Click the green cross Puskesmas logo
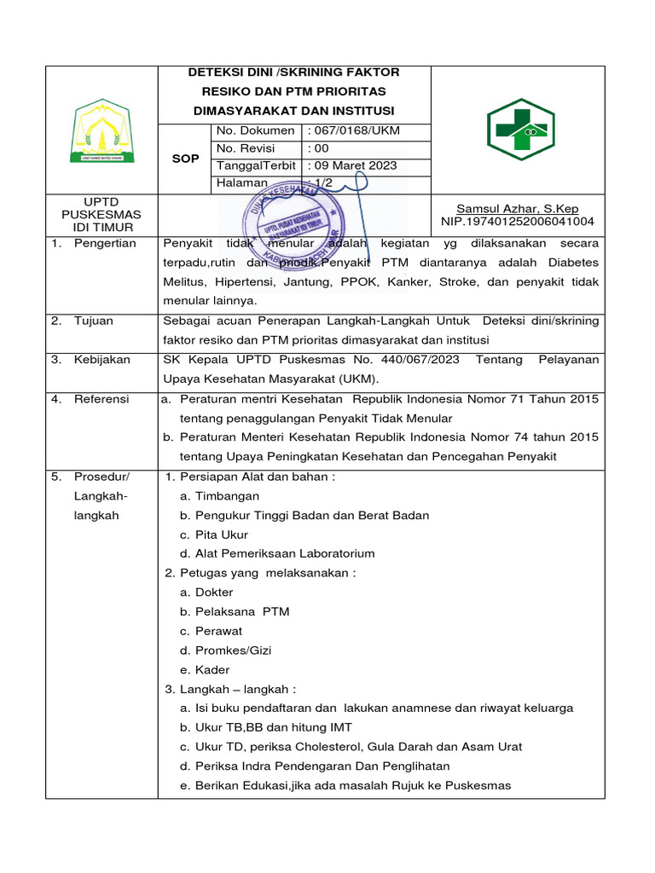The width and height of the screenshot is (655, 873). click(520, 130)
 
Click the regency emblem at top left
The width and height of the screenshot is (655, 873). click(101, 130)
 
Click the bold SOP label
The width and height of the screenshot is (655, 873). click(185, 159)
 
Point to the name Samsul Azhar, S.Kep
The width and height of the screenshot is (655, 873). click(518, 208)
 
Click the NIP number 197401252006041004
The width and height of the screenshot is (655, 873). click(518, 222)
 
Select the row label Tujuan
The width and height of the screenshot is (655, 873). click(93, 321)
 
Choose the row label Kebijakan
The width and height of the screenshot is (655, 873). click(101, 360)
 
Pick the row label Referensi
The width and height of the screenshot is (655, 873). click(101, 398)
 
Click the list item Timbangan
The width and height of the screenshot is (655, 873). click(227, 496)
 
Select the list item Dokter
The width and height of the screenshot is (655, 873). click(214, 593)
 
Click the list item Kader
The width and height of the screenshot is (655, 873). click(212, 670)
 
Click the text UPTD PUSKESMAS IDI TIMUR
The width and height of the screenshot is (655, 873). click(101, 215)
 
